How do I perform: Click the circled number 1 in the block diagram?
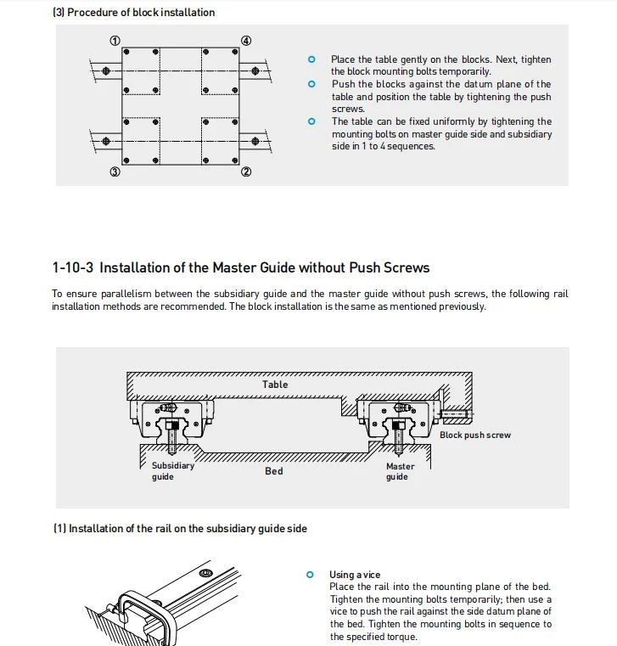coord(115,40)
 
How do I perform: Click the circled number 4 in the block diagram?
coord(246,40)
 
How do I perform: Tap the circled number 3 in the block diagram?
coord(115,172)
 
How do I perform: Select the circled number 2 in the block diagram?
coord(246,172)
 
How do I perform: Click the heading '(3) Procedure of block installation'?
coord(133,13)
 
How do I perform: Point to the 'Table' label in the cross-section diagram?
coord(275,385)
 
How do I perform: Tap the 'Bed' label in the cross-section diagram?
coord(273,471)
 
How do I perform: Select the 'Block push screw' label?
coord(475,435)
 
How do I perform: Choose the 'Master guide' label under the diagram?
coord(400,471)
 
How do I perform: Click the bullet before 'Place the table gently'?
coord(311,59)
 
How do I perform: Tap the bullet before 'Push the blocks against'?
coord(311,84)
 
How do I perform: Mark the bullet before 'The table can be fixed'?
coord(311,121)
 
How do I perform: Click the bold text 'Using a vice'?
coord(355,575)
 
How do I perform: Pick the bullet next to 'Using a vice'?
coord(310,575)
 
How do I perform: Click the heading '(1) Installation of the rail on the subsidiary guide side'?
coord(180,529)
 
